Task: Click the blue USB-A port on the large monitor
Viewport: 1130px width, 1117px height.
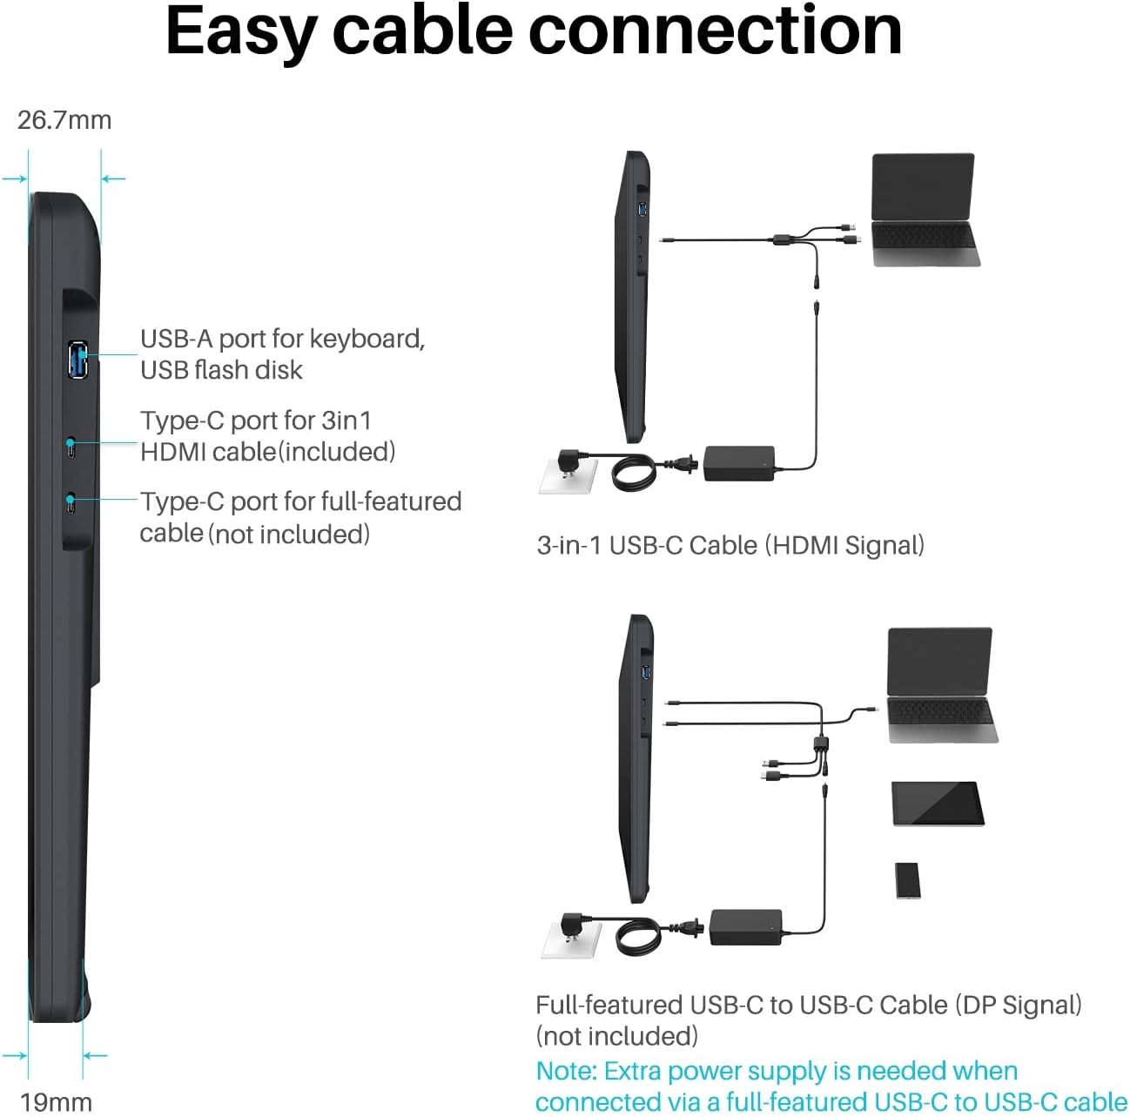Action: (77, 359)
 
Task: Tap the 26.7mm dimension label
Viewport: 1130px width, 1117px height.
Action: (64, 120)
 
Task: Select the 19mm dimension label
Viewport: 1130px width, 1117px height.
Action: (57, 1102)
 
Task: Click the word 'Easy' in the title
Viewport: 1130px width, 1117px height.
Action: (242, 32)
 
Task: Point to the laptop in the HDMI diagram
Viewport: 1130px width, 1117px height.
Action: (925, 210)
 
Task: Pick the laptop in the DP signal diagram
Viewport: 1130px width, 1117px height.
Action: (942, 684)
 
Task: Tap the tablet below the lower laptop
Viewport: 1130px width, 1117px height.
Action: (938, 804)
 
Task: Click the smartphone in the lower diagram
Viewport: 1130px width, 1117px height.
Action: (908, 880)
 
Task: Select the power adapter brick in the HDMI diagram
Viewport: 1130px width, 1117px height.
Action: (739, 463)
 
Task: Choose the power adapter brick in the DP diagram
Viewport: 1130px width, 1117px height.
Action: (745, 927)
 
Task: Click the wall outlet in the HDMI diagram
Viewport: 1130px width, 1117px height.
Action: (568, 475)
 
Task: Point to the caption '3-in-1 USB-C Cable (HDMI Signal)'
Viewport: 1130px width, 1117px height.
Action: (730, 546)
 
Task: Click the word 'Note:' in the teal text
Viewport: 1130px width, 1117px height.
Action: (567, 1071)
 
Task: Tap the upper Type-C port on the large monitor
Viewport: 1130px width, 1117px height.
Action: (71, 447)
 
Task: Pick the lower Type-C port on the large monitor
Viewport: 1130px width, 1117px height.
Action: (71, 502)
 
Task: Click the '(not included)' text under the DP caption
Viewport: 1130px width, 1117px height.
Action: (617, 1037)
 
